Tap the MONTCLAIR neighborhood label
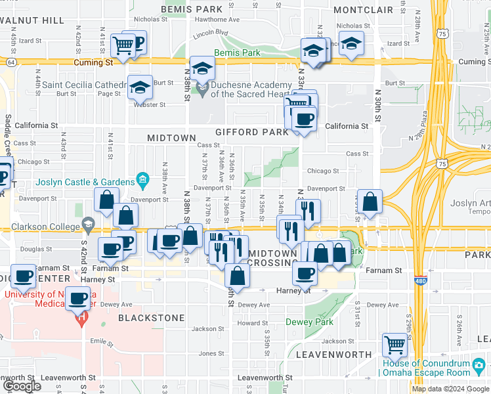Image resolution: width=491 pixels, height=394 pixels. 363,10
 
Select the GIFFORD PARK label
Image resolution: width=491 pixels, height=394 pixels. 256,132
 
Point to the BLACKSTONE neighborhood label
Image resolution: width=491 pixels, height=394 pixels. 151,318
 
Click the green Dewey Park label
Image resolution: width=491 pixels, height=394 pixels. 309,322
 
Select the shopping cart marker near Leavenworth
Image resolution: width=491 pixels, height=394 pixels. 395,345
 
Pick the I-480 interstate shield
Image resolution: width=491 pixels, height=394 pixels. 419,281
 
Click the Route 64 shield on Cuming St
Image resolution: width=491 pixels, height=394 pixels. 11,62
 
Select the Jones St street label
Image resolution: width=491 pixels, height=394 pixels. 211,353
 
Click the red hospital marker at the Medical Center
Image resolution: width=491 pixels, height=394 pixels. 81,320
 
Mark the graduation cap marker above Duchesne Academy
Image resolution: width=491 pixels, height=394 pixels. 202,68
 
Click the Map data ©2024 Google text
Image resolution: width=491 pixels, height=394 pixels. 450,389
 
